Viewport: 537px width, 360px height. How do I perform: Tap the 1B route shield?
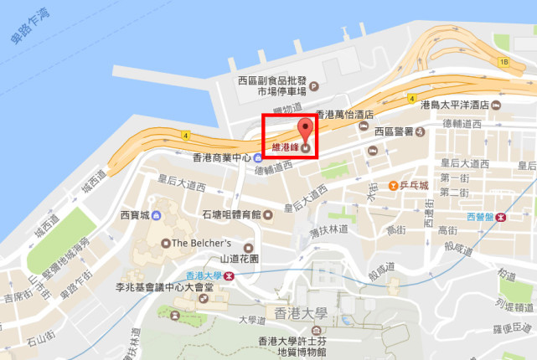[503, 62]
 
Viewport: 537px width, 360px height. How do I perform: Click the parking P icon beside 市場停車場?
[314, 85]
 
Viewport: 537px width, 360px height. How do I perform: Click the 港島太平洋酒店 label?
[454, 105]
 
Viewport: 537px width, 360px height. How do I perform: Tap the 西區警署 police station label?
[394, 131]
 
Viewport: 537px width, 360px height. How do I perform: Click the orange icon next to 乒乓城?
[394, 184]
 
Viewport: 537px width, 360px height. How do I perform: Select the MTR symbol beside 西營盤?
[501, 216]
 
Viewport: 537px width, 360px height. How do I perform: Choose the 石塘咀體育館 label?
[232, 215]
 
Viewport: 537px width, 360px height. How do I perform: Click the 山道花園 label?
[240, 260]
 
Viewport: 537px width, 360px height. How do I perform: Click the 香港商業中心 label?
[222, 157]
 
